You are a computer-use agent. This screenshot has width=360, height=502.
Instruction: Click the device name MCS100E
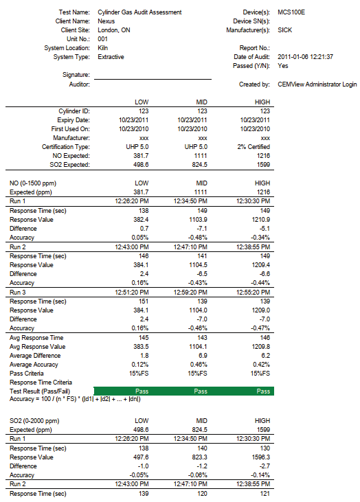[291, 12]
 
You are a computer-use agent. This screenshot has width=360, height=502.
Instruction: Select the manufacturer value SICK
[284, 30]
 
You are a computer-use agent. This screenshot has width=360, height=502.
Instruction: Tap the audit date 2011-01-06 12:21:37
[305, 57]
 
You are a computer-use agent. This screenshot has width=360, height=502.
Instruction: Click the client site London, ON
[113, 30]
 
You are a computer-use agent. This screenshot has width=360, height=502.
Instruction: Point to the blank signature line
[153, 79]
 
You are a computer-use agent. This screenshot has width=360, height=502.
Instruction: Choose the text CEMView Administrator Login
[317, 84]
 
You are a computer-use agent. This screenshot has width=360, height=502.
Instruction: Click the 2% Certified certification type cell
[254, 147]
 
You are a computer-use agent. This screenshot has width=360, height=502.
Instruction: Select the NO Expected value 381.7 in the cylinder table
[141, 156]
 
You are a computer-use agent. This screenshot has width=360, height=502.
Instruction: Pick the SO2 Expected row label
[69, 165]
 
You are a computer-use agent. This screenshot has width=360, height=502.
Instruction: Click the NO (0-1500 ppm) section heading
[33, 183]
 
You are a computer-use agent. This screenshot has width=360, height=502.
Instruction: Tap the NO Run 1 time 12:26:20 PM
[132, 201]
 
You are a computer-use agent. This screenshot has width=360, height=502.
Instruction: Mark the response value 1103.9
[198, 220]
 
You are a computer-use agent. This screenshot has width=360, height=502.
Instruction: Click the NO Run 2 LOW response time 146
[144, 256]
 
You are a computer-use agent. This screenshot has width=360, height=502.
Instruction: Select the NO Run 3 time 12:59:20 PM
[190, 293]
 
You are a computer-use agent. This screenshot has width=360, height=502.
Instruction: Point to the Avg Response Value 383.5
[141, 347]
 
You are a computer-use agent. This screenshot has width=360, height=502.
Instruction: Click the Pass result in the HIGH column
[263, 391]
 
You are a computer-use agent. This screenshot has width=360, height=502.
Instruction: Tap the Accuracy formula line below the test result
[75, 399]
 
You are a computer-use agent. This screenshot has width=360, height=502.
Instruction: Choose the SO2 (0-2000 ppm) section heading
[34, 421]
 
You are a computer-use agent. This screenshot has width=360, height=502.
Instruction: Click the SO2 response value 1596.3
[260, 457]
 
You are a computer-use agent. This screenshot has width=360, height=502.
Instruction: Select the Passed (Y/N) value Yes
[283, 66]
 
